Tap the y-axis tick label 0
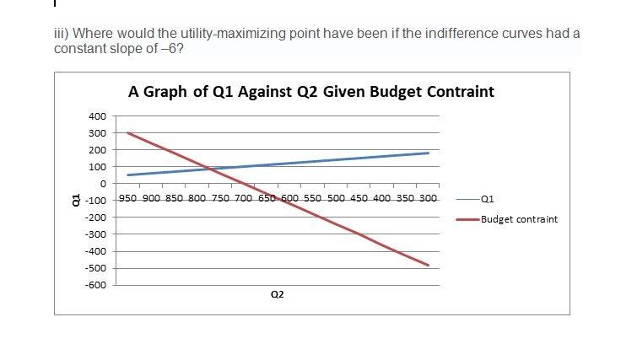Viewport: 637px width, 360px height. [x=104, y=184]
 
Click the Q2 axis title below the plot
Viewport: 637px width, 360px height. [x=278, y=294]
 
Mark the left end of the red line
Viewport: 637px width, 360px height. [x=127, y=132]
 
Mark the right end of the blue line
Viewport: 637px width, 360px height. [x=429, y=153]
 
